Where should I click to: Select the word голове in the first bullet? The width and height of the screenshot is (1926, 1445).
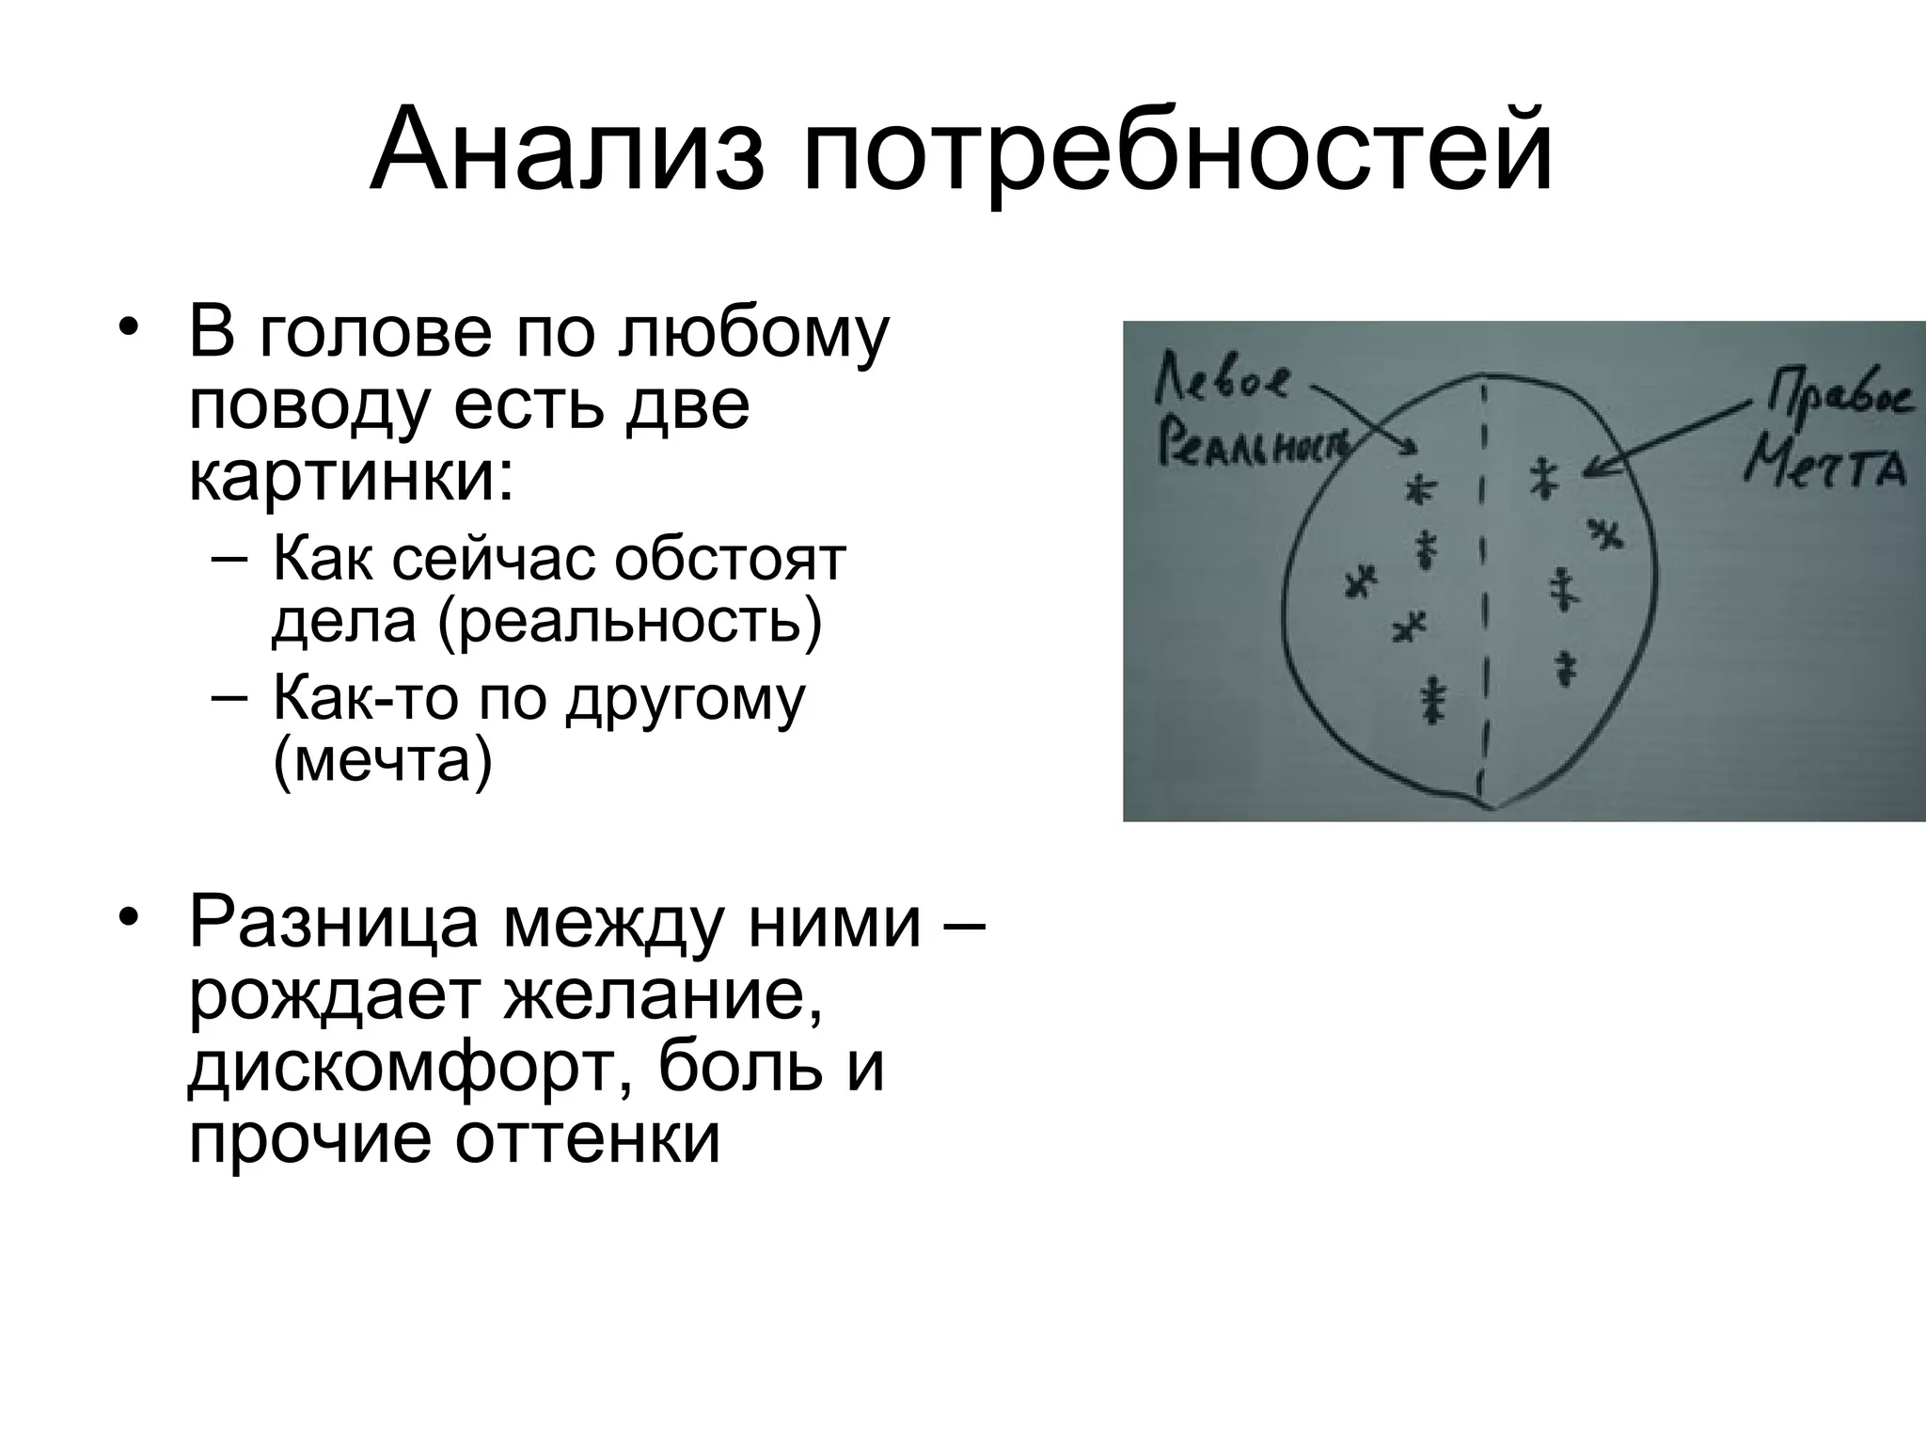pos(375,334)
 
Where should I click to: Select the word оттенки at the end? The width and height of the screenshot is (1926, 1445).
pos(588,1138)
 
